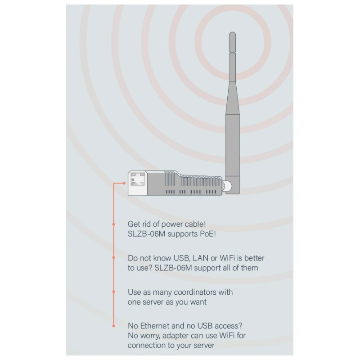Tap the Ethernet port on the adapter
[x=137, y=179]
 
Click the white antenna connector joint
[x=227, y=186]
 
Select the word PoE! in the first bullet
[x=208, y=234]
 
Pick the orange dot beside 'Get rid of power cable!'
[x=114, y=224]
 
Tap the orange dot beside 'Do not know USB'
[x=114, y=257]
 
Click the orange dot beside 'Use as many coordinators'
[x=114, y=292]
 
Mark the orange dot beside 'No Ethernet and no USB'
[x=114, y=326]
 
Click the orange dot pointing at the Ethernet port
[x=124, y=183]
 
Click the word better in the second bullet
[x=254, y=258]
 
